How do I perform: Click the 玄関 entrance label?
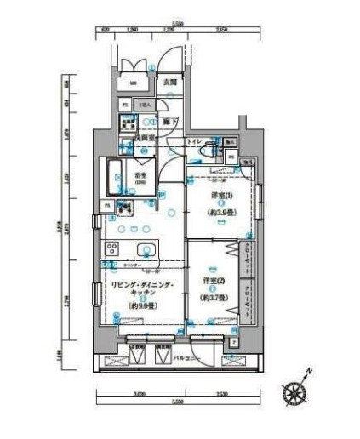(170, 83)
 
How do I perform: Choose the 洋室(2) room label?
(213, 280)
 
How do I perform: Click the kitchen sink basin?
(146, 249)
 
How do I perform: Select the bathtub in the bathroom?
(115, 177)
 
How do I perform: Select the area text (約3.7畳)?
(213, 299)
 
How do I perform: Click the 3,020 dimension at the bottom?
(140, 394)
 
